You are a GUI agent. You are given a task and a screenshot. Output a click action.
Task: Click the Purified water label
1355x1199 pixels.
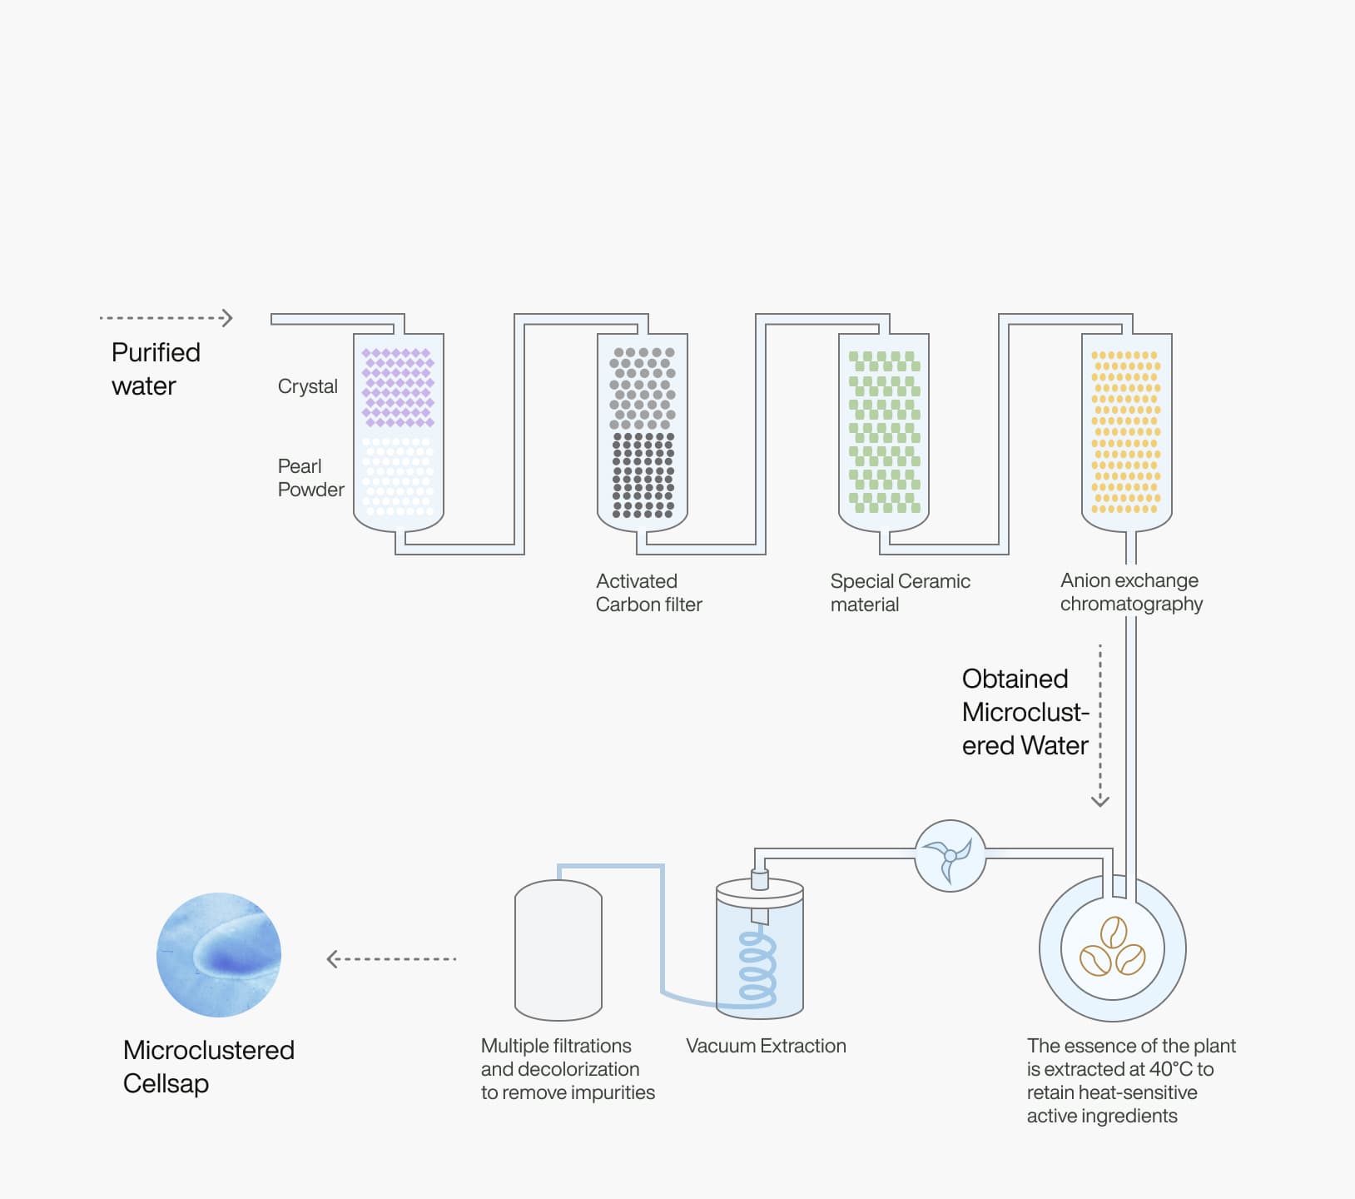point(156,369)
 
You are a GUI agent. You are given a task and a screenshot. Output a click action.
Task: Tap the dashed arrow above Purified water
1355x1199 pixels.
point(166,318)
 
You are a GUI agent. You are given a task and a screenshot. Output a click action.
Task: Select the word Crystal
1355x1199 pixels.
point(307,386)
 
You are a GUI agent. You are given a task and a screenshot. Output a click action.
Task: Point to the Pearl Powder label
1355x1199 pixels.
point(310,478)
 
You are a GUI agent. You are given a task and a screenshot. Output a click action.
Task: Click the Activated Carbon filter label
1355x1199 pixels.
point(648,593)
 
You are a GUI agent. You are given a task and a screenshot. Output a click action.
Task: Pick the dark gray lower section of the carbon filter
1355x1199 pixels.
point(643,475)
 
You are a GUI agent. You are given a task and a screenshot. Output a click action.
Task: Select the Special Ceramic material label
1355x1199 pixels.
point(900,593)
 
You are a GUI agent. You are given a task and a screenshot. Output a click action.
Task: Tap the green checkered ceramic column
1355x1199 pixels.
point(884,431)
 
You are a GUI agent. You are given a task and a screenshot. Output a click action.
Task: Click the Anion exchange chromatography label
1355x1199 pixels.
point(1131,592)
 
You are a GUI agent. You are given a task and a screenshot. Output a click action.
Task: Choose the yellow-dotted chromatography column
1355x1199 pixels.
point(1126,431)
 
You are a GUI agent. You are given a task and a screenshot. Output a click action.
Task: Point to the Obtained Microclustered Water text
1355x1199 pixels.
point(1025,712)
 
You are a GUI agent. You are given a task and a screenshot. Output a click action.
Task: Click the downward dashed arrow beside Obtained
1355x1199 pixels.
point(1100,724)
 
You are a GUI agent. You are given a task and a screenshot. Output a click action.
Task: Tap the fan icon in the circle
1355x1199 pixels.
point(950,856)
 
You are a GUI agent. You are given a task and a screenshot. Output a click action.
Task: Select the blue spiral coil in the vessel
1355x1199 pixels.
point(758,966)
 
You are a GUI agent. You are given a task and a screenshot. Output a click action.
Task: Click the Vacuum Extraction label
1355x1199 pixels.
point(766,1046)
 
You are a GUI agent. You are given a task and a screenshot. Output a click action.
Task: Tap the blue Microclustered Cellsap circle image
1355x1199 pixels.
point(219,955)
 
